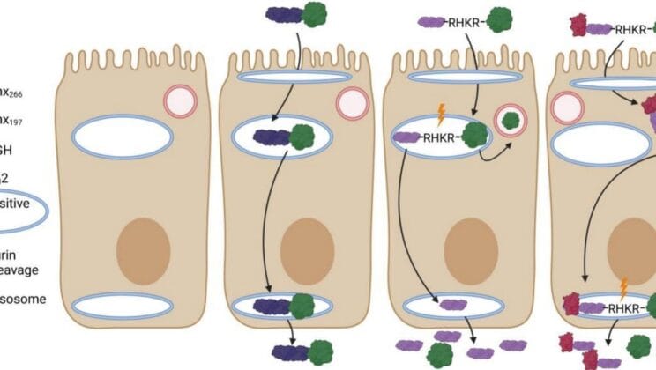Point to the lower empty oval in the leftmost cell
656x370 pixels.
[x=123, y=306]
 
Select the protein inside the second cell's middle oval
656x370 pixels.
[x=287, y=137]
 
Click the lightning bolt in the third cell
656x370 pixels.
[x=437, y=114]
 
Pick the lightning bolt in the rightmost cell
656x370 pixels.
[x=623, y=287]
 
